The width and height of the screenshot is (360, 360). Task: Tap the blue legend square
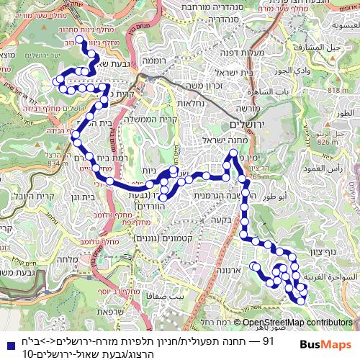9,340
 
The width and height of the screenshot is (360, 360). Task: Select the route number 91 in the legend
267,340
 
